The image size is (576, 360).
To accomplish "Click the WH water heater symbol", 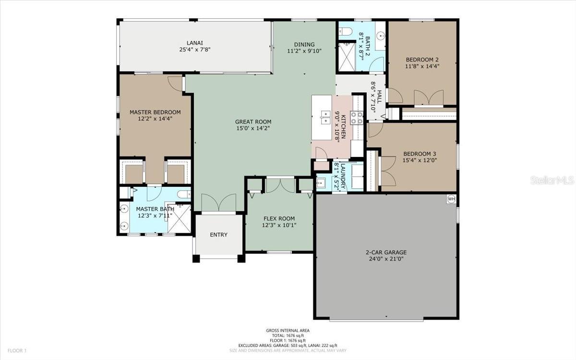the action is [451, 199].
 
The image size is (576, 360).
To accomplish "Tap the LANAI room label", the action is [195, 43].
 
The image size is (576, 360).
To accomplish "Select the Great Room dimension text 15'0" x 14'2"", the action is [253, 128].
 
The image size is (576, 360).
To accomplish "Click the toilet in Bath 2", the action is [345, 31].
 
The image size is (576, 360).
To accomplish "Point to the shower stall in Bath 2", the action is [347, 57].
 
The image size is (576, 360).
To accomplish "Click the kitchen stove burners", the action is [357, 118].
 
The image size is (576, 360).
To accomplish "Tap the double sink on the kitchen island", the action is [326, 117].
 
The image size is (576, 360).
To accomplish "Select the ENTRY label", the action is [218, 235].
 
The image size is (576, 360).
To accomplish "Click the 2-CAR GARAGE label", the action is [386, 252].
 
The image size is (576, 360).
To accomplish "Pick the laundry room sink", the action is [321, 183].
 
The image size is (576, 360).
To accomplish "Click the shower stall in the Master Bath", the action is [179, 218].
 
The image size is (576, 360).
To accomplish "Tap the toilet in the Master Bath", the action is [183, 194].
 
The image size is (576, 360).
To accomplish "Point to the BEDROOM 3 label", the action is [420, 154].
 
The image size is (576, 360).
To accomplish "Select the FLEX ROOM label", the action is [279, 218].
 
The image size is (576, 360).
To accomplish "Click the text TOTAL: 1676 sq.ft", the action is [288, 336].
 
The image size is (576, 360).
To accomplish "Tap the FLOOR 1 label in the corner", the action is [17, 350].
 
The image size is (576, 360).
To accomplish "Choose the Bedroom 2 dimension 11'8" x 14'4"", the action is [422, 66].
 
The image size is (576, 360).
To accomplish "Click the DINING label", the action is [304, 45].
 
